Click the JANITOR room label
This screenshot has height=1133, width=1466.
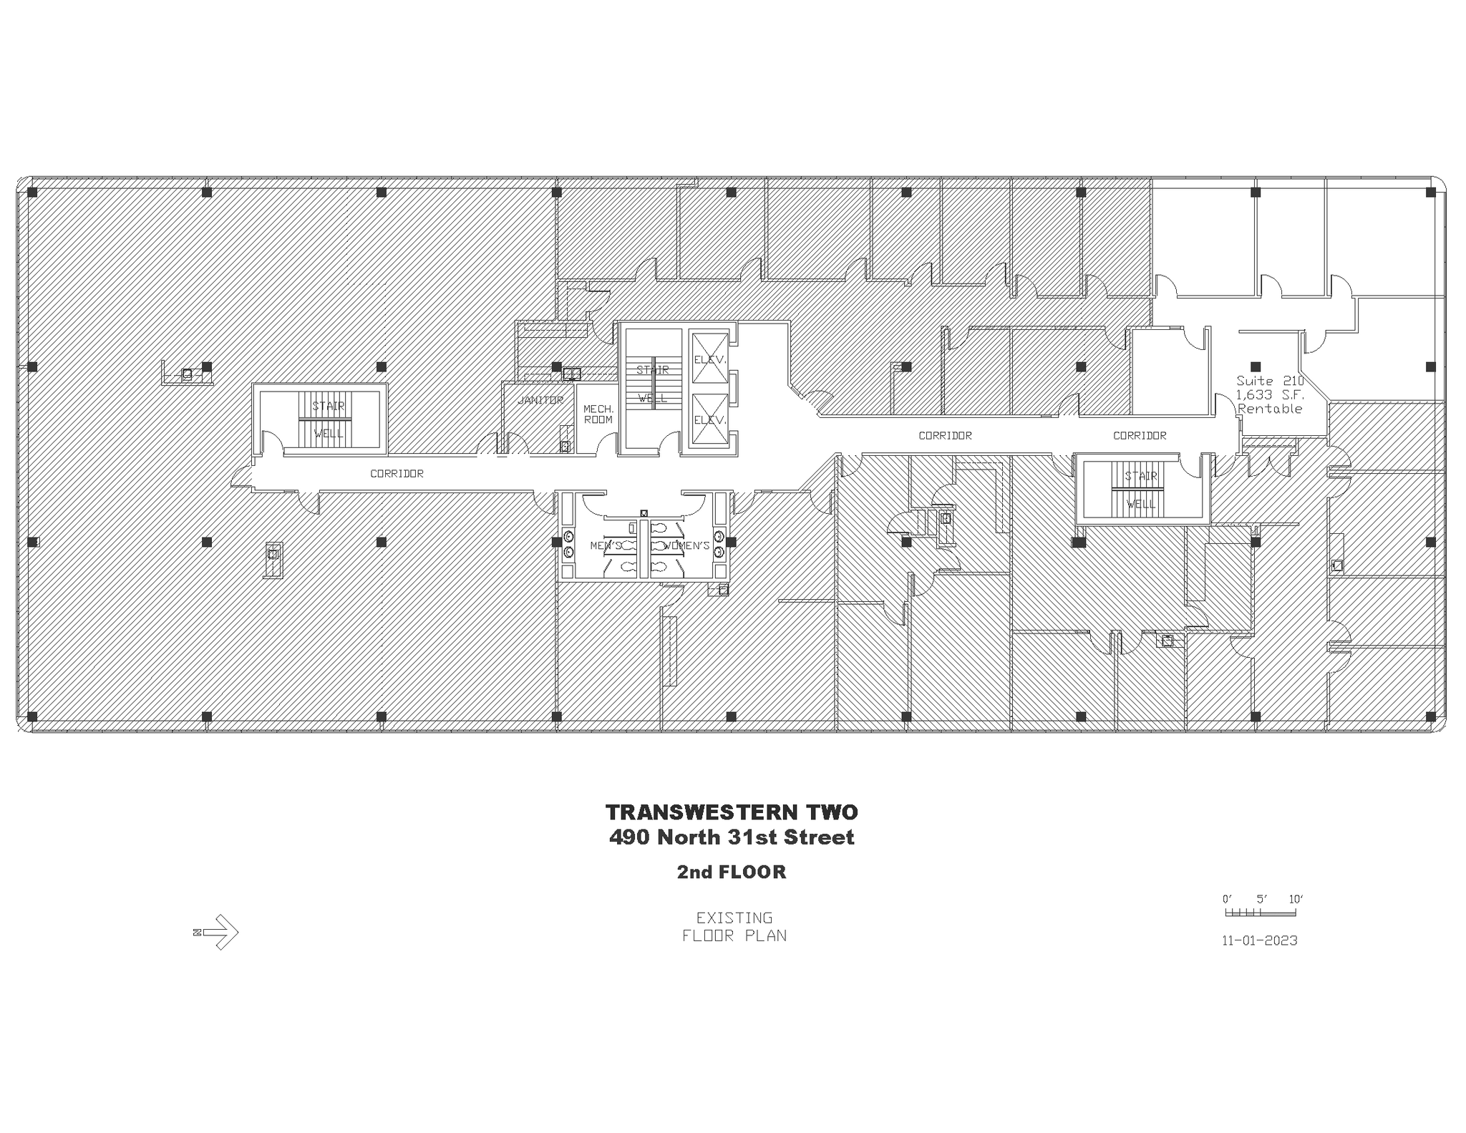[540, 400]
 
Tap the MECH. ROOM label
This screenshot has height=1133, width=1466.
[598, 414]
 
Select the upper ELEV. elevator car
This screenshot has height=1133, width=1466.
[709, 359]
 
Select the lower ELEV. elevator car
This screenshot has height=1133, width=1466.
[709, 420]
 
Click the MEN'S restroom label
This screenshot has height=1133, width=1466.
[606, 546]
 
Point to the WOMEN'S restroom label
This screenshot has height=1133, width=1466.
[687, 546]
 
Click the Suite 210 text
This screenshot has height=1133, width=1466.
[1270, 381]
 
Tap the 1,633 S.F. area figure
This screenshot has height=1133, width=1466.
[1270, 394]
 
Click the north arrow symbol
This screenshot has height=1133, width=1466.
[216, 932]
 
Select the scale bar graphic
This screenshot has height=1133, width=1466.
[1260, 913]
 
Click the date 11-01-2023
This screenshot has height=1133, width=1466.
[1259, 940]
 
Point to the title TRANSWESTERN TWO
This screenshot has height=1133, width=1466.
[732, 812]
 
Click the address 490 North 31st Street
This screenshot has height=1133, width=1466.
[732, 837]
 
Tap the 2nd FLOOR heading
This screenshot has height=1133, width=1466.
[732, 872]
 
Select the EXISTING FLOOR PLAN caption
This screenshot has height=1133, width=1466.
[734, 926]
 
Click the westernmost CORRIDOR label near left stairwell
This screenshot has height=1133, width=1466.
[397, 474]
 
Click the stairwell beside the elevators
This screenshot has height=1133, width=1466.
[652, 384]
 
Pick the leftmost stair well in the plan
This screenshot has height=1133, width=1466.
[328, 419]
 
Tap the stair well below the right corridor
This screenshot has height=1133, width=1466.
[1141, 490]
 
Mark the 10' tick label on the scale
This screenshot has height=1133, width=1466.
[1296, 899]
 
